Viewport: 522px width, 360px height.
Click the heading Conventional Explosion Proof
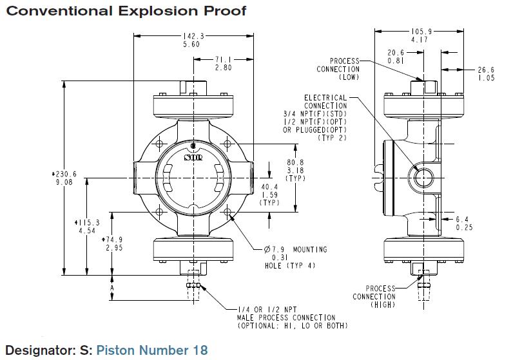tap(126, 12)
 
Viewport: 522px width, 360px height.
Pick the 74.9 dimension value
tap(113, 239)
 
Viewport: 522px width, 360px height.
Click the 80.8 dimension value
tap(295, 162)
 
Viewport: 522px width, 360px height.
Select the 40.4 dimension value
tap(269, 187)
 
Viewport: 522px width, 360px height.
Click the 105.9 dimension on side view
tap(420, 31)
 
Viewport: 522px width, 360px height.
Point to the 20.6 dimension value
tap(395, 52)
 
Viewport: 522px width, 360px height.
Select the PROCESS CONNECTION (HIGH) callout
tap(373, 296)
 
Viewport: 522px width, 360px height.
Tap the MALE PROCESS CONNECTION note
tap(277, 317)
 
